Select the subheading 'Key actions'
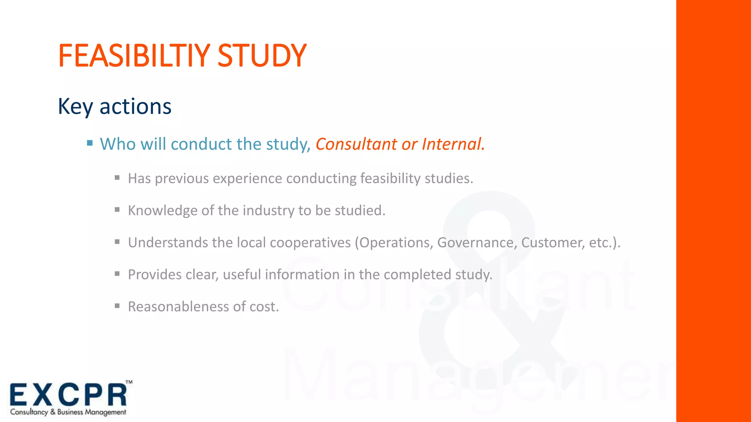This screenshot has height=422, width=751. click(x=114, y=107)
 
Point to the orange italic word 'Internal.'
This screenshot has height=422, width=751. click(x=453, y=144)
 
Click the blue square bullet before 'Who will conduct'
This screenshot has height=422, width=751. click(x=90, y=143)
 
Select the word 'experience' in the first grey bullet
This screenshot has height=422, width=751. click(x=248, y=179)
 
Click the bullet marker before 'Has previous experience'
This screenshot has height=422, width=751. click(x=117, y=178)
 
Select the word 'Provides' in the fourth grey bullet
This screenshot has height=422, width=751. click(x=154, y=274)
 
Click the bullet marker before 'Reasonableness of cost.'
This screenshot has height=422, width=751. click(x=117, y=306)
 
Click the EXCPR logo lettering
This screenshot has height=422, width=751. click(x=68, y=395)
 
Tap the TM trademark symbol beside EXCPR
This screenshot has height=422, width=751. click(x=129, y=382)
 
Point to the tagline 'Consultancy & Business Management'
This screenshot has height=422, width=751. click(x=68, y=412)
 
